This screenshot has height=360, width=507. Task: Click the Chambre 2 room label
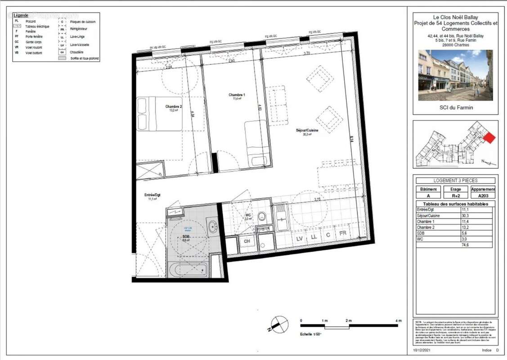173,106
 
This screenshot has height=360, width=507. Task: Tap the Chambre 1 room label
236,95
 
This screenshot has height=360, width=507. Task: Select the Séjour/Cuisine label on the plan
307,130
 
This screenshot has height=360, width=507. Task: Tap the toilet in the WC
263,218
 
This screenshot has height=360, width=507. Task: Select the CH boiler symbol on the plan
247,241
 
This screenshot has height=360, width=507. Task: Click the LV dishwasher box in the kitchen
299,238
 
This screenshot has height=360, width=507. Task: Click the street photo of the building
455,75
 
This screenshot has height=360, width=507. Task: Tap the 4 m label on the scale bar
397,320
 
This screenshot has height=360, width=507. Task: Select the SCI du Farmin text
455,108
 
